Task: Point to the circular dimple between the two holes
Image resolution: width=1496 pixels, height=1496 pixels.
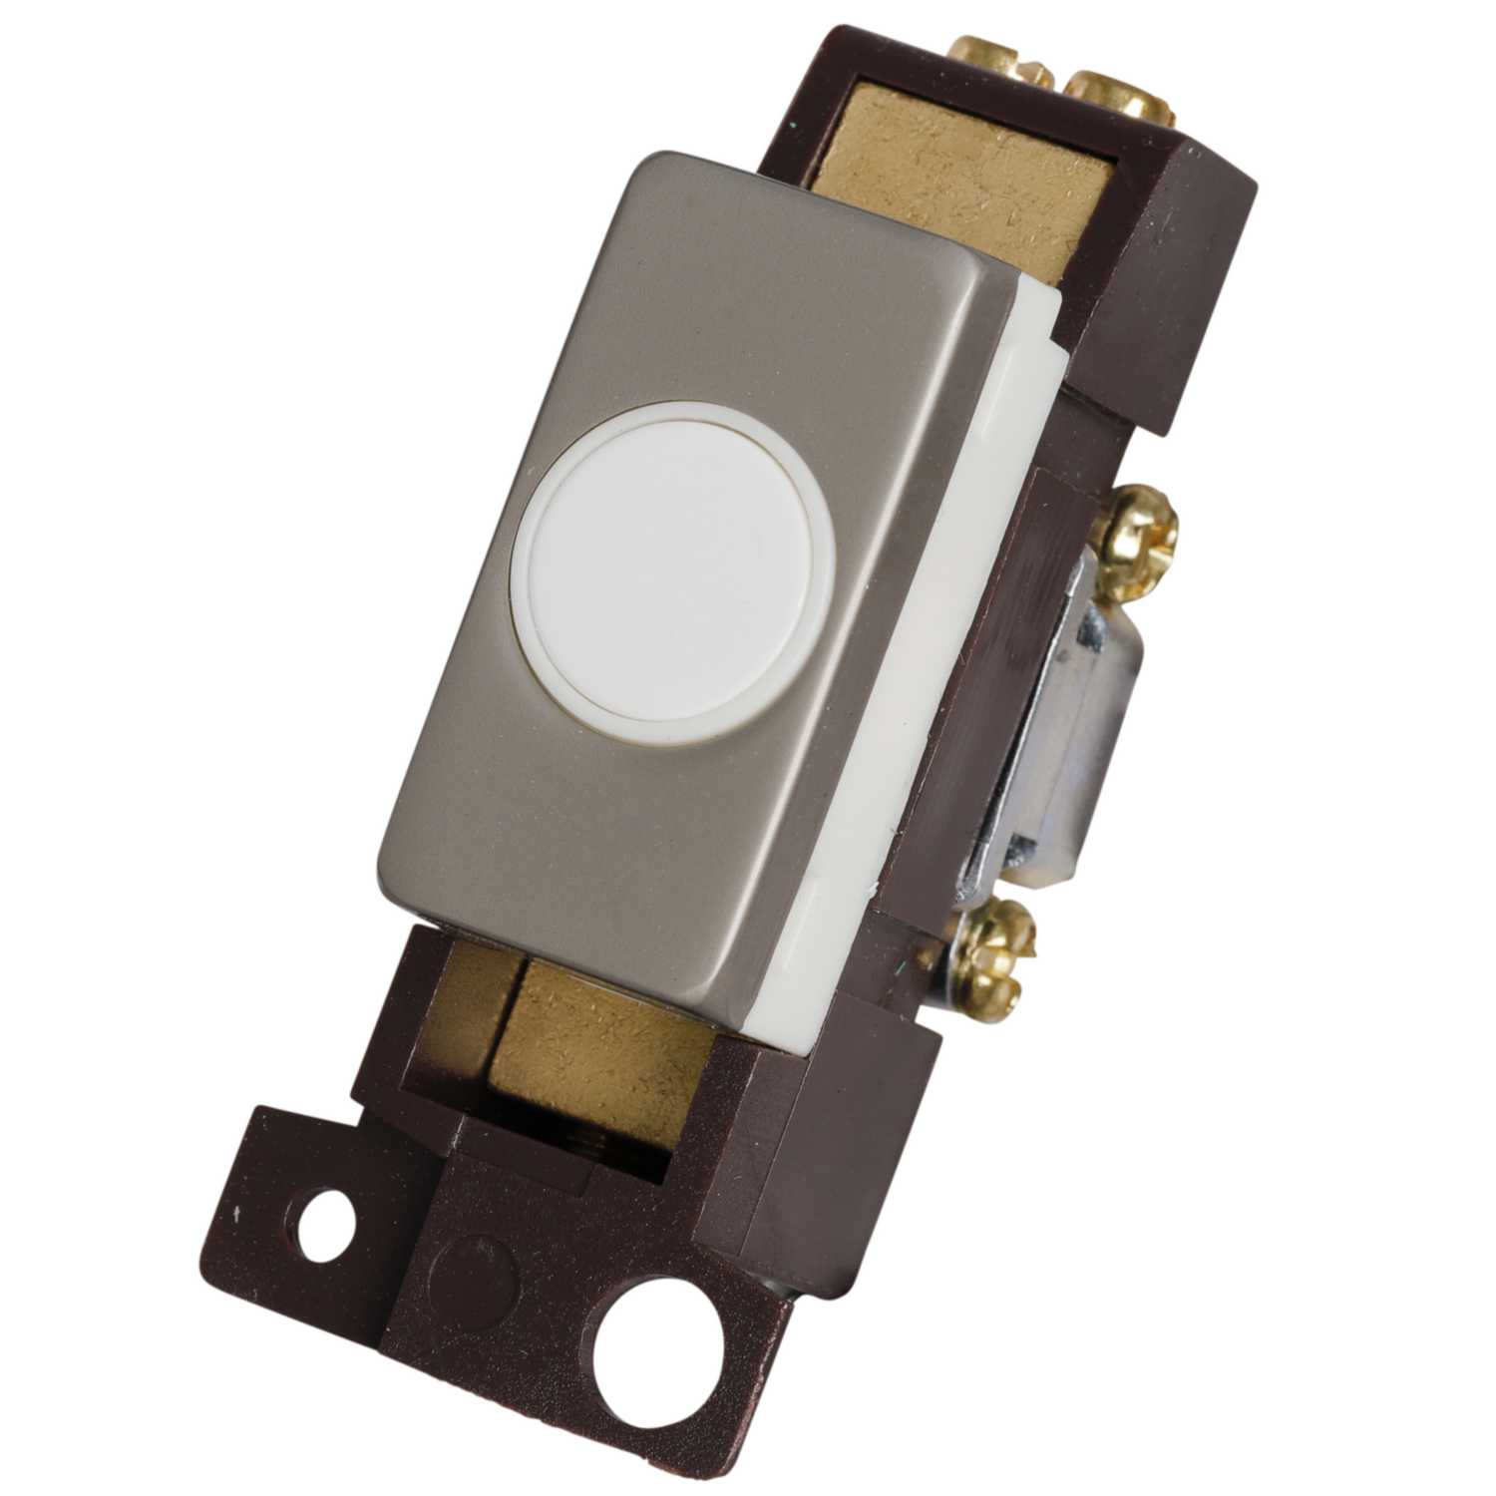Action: [482, 1259]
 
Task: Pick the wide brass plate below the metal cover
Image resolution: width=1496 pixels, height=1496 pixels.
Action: [598, 1037]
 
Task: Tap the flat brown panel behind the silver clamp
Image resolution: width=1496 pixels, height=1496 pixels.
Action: [957, 698]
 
